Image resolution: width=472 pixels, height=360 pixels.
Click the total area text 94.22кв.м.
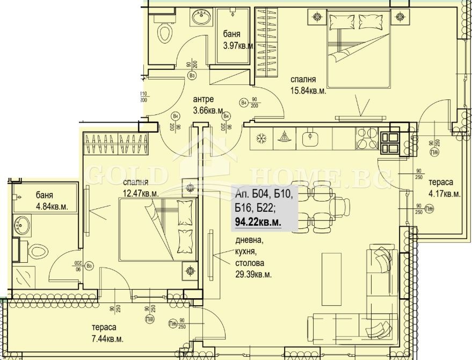tap(257, 221)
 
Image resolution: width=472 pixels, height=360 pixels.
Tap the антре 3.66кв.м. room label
tap(208, 105)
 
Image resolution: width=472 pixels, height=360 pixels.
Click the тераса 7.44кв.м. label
tap(107, 333)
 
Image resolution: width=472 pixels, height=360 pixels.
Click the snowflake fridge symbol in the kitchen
tap(261, 138)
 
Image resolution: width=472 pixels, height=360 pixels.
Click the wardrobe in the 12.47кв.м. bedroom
tap(115, 145)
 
